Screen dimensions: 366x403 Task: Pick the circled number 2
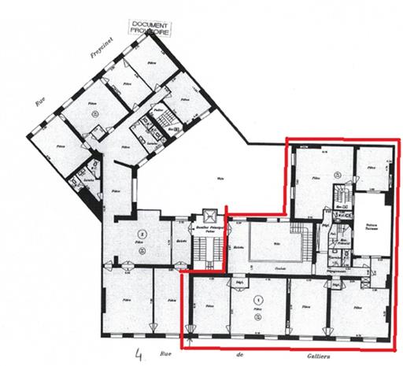click(x=142, y=233)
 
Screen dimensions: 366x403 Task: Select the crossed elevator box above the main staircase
click(x=209, y=215)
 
